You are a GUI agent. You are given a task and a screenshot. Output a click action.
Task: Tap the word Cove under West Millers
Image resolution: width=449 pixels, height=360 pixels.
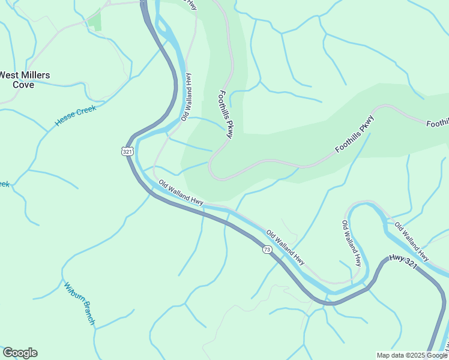pyautogui.click(x=24, y=85)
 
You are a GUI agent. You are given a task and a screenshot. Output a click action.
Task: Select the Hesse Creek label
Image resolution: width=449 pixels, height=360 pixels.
pyautogui.click(x=75, y=114)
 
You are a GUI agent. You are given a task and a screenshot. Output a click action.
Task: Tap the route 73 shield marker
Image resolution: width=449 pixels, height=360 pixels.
pyautogui.click(x=267, y=248)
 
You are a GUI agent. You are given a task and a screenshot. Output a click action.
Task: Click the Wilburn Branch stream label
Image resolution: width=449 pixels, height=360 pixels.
pyautogui.click(x=79, y=304)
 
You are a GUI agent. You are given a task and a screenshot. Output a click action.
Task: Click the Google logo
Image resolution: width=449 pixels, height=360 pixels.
pyautogui.click(x=20, y=353)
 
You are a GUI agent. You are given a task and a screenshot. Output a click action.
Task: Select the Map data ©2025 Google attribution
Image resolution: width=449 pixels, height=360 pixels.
pyautogui.click(x=411, y=355)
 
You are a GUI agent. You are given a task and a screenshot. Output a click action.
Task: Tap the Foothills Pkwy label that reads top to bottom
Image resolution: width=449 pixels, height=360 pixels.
pyautogui.click(x=226, y=114)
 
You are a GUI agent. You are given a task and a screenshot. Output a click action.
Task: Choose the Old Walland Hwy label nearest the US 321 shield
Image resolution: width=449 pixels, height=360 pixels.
pyautogui.click(x=181, y=191)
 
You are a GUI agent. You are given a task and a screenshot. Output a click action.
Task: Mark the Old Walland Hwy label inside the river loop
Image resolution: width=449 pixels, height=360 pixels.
pyautogui.click(x=352, y=244)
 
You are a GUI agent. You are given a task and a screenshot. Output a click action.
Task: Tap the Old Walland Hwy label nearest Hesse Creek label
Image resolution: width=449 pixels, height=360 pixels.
pyautogui.click(x=187, y=97)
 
